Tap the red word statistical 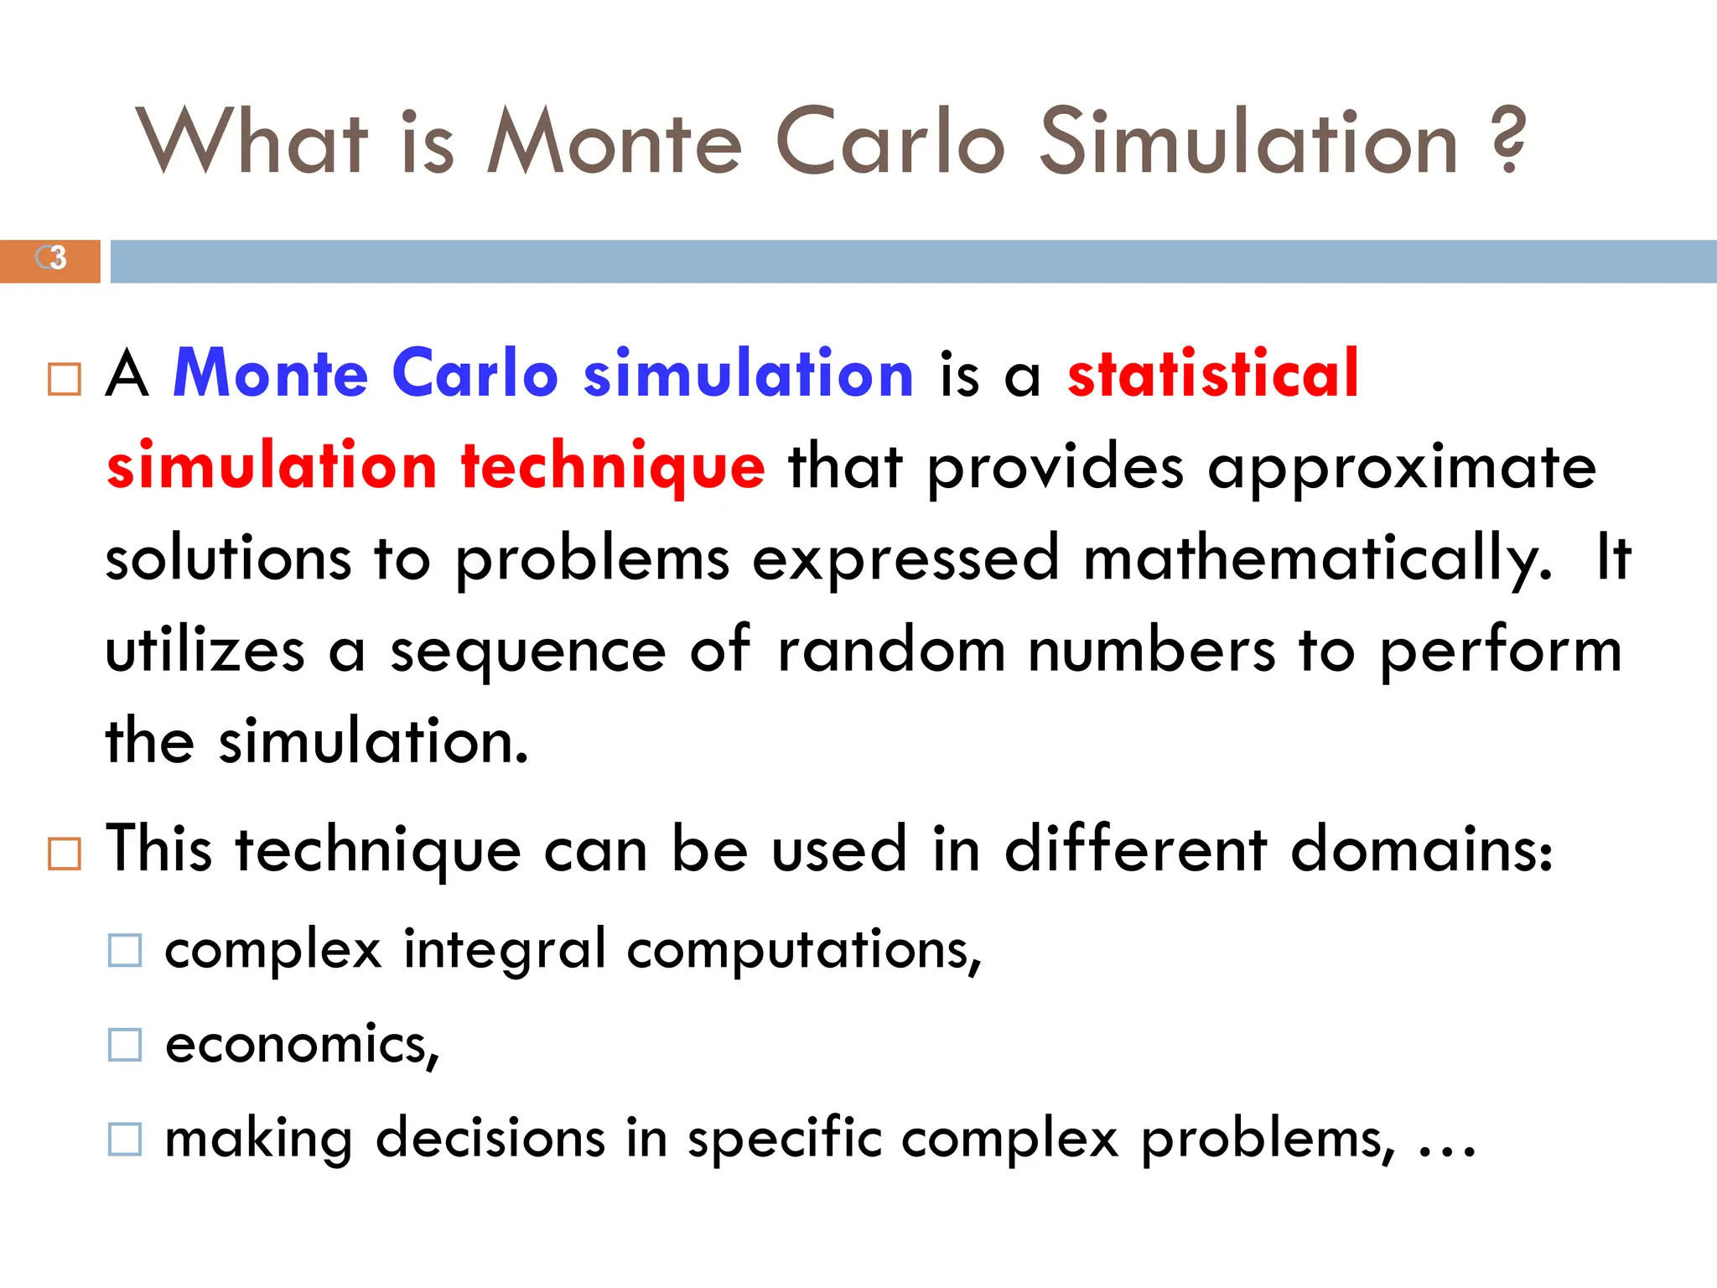pos(1212,373)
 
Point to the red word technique pos(613,466)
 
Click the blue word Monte pos(270,373)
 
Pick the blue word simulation pos(749,373)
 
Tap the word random pos(891,650)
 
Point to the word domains pos(1422,849)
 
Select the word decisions pos(490,1139)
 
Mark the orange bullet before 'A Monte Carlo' pos(65,379)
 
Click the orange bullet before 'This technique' pos(65,854)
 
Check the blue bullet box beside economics pos(125,1046)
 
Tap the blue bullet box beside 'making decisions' pos(125,1140)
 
